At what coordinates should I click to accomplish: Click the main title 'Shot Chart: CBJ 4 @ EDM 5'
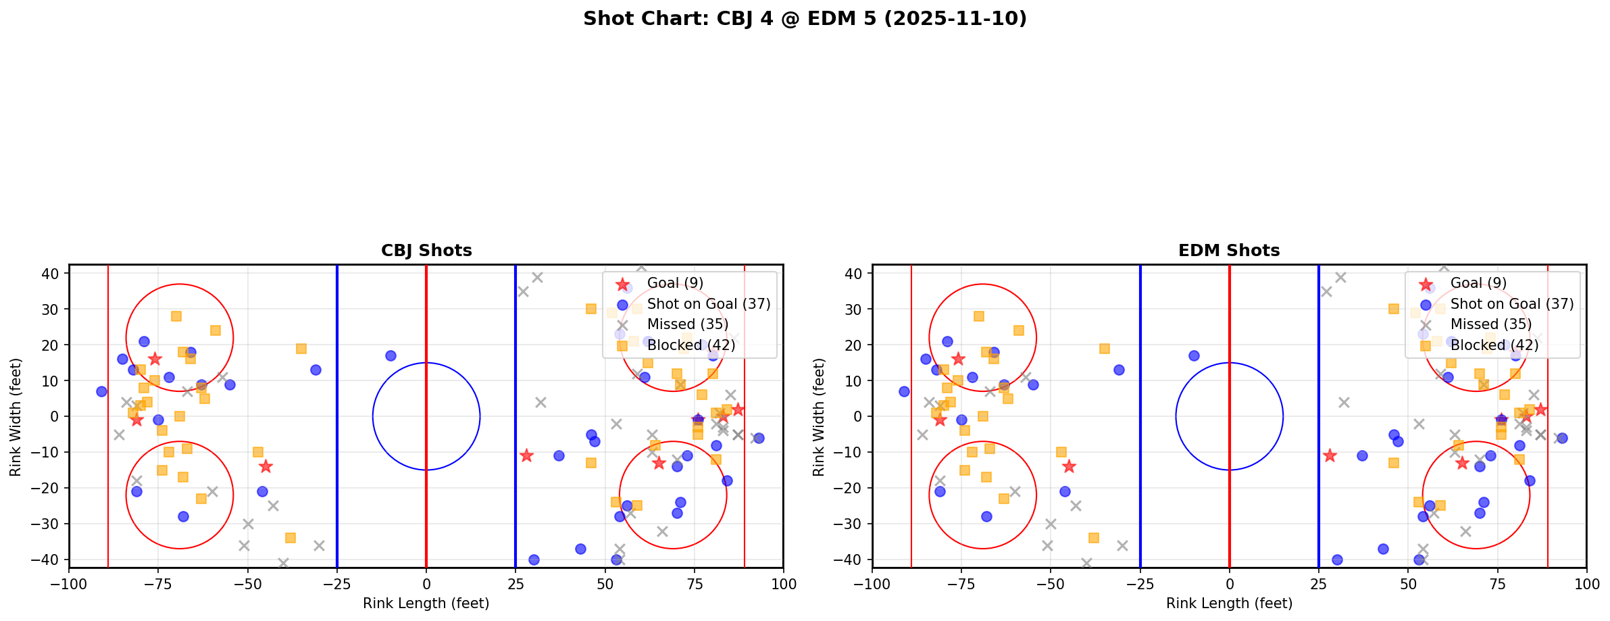[804, 19]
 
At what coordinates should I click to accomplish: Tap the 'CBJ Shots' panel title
[426, 251]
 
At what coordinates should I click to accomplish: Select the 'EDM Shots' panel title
[1229, 251]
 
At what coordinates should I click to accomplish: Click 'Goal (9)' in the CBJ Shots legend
[675, 283]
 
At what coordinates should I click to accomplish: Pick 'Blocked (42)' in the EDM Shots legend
[1494, 345]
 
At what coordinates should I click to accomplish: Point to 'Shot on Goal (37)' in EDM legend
[1512, 304]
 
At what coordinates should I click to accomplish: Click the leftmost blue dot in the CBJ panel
[101, 391]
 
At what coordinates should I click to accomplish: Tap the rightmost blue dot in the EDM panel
[1561, 438]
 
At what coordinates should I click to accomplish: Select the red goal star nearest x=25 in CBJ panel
[526, 455]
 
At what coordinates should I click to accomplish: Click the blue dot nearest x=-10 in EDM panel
[1194, 355]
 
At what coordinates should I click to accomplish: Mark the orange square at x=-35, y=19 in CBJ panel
[301, 349]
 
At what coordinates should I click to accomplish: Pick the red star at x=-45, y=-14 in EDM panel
[1069, 466]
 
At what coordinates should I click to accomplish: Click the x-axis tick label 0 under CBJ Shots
[426, 584]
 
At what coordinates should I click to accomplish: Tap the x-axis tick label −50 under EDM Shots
[1051, 584]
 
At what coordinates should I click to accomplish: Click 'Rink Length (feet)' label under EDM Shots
[1229, 603]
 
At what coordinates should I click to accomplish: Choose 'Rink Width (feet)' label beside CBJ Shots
[16, 416]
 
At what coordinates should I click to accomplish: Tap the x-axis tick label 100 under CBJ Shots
[783, 584]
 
